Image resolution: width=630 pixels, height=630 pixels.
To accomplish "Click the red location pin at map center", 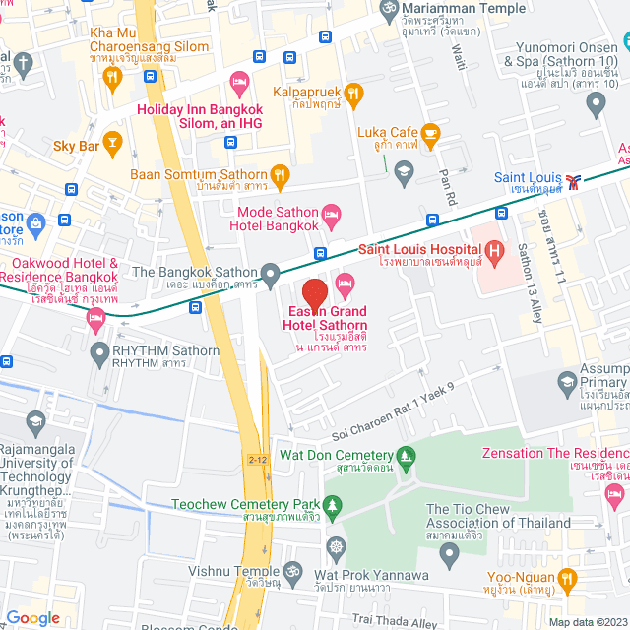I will point(314,294).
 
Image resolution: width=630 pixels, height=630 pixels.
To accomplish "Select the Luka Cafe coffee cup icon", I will point(429,132).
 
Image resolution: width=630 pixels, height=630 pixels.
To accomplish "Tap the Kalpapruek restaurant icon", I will point(353,93).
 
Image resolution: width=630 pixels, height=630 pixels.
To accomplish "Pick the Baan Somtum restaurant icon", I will point(281,175).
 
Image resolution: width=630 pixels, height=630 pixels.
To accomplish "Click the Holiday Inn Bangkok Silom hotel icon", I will point(237,80).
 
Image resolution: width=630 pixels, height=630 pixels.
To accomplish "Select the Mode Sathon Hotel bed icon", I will point(333,211).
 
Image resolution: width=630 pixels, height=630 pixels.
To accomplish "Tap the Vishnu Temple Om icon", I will point(291,570).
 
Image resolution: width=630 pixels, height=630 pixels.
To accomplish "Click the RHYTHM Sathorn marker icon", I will point(98,351).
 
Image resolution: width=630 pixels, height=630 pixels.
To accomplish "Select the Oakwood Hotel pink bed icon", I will point(94,316).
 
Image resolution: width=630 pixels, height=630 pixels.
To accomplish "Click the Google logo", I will point(32,617).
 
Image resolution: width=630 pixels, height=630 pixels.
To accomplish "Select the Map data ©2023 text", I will point(587,621).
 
